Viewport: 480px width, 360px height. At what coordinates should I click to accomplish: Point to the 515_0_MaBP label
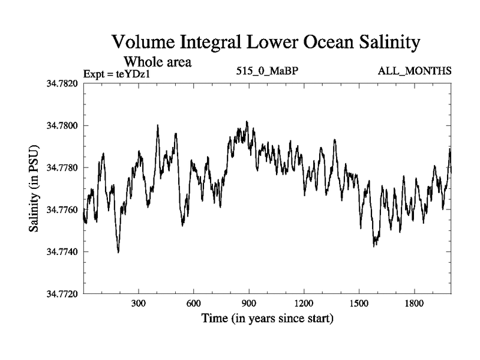tap(268, 71)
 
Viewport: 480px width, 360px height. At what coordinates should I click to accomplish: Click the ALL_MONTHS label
tap(415, 71)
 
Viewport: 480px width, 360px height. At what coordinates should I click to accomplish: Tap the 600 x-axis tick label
tap(194, 304)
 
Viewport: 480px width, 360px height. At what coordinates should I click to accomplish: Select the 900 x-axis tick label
tap(249, 304)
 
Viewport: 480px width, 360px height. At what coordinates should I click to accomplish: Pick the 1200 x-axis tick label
tap(304, 304)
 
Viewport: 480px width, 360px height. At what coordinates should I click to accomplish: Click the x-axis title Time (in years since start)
tap(267, 318)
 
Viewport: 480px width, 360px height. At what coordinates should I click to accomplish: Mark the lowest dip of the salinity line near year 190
tap(118, 252)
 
